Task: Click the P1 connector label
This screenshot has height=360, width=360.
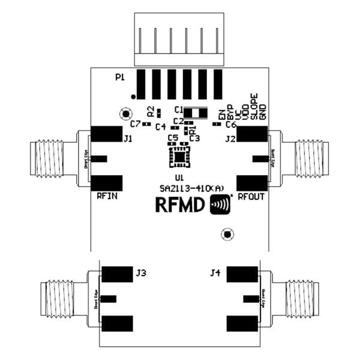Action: coord(120,77)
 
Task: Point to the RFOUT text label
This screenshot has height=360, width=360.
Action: coord(251,196)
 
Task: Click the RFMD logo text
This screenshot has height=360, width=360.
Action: coord(181,205)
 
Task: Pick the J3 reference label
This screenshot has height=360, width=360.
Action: coord(141,273)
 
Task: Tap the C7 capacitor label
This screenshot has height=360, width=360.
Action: coord(135,124)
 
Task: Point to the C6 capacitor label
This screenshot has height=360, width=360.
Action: coord(231,124)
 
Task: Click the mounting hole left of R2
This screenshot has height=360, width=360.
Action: coord(126,113)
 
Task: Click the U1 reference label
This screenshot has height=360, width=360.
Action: coord(179,178)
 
